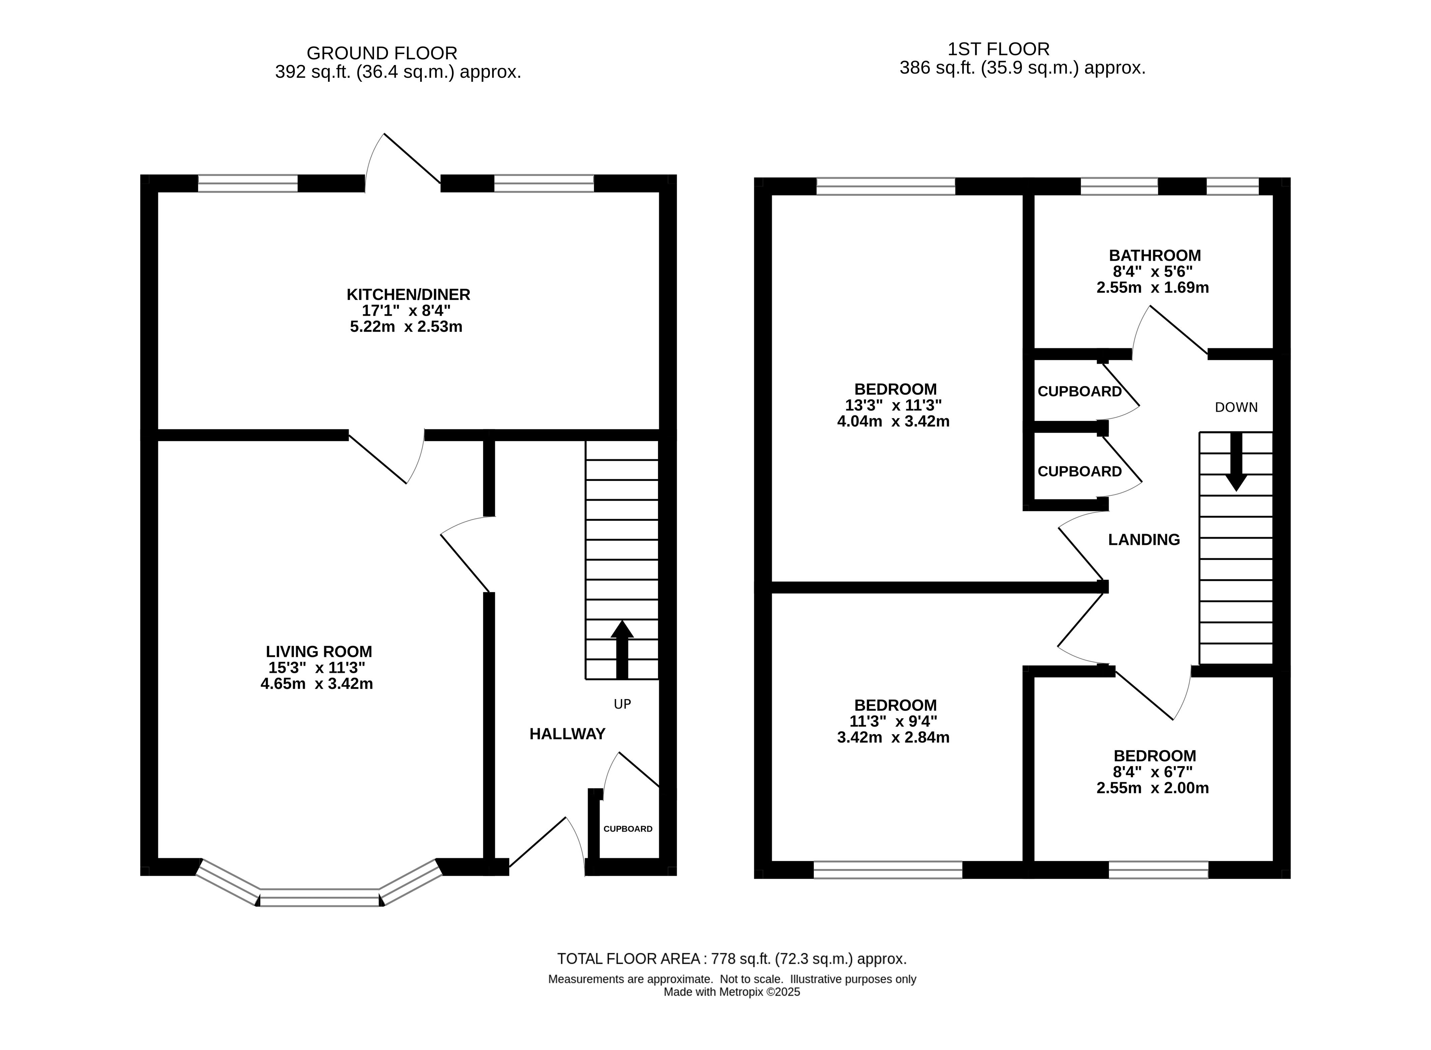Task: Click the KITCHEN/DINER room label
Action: pos(408,294)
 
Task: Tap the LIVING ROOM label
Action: pos(319,652)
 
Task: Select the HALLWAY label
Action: pos(568,734)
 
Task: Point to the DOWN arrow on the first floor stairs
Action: pos(1236,462)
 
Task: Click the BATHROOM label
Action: pos(1155,255)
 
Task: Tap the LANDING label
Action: pos(1144,540)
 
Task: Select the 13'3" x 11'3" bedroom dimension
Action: pos(893,405)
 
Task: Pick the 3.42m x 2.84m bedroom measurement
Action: pos(893,737)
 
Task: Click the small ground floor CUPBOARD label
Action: pos(628,829)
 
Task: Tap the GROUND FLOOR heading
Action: pos(382,53)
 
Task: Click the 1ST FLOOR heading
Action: pos(998,49)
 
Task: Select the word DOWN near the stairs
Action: pos(1236,408)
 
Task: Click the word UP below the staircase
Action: pos(622,704)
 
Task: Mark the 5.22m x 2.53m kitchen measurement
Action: pos(406,327)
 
